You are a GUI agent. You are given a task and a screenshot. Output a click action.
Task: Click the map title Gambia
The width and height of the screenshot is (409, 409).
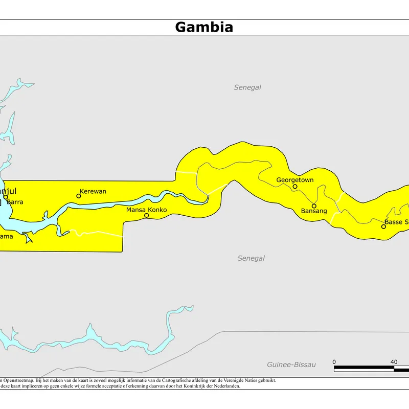[x=204, y=27]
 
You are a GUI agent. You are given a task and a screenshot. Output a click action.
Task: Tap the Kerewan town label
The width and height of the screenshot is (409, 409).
[x=93, y=191]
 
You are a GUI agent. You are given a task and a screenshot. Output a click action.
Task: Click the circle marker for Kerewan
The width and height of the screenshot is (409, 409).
[x=79, y=196]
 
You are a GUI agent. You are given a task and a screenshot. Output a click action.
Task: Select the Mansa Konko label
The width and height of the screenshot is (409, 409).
[x=147, y=209]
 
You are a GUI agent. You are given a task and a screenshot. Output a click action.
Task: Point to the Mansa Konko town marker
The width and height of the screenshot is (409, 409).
[x=147, y=216]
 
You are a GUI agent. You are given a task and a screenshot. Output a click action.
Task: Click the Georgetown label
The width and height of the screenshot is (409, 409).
[x=295, y=180]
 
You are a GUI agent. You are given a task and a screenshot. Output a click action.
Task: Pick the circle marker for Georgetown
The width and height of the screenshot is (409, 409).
[x=295, y=187]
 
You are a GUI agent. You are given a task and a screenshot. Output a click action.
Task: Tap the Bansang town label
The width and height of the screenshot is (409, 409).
[x=314, y=211]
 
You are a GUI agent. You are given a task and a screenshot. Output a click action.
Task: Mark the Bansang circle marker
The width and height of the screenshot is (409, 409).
[x=314, y=206]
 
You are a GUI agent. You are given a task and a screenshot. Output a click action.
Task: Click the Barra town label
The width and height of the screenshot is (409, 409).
[x=15, y=202]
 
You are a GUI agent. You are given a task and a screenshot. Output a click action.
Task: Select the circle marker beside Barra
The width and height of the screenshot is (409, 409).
[x=6, y=197]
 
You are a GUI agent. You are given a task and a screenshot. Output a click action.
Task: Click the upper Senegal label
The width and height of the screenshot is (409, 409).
[x=247, y=87]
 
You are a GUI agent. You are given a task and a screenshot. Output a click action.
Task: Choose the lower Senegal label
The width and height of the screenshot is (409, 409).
[x=251, y=258]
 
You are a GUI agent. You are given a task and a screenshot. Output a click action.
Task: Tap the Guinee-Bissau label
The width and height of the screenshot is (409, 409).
[x=291, y=365]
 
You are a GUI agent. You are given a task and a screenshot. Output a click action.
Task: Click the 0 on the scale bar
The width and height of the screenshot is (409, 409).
[x=334, y=362]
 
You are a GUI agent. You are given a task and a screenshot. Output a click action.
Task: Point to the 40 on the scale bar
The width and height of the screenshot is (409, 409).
[x=394, y=362]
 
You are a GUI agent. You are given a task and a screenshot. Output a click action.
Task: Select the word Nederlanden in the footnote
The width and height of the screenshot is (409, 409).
[x=225, y=386]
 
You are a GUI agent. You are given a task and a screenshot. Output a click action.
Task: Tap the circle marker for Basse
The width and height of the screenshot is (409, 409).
[x=383, y=226]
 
